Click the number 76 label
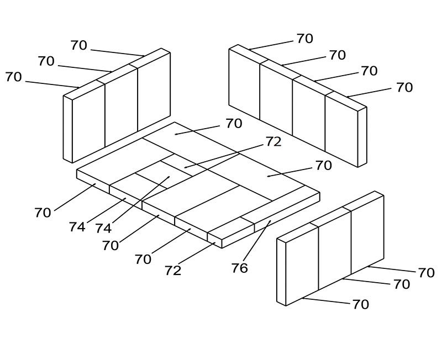click(240, 268)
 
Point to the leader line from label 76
click(256, 241)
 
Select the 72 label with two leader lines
click(273, 142)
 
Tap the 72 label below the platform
click(173, 271)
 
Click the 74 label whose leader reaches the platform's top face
click(103, 228)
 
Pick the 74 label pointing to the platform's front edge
click(77, 227)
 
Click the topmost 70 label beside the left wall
click(78, 45)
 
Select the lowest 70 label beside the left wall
click(13, 77)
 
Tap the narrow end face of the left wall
click(67, 129)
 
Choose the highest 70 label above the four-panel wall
click(305, 38)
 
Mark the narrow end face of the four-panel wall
click(362, 137)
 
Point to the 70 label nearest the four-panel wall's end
click(404, 87)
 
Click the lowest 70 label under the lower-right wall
click(361, 304)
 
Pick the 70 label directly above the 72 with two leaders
click(234, 123)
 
